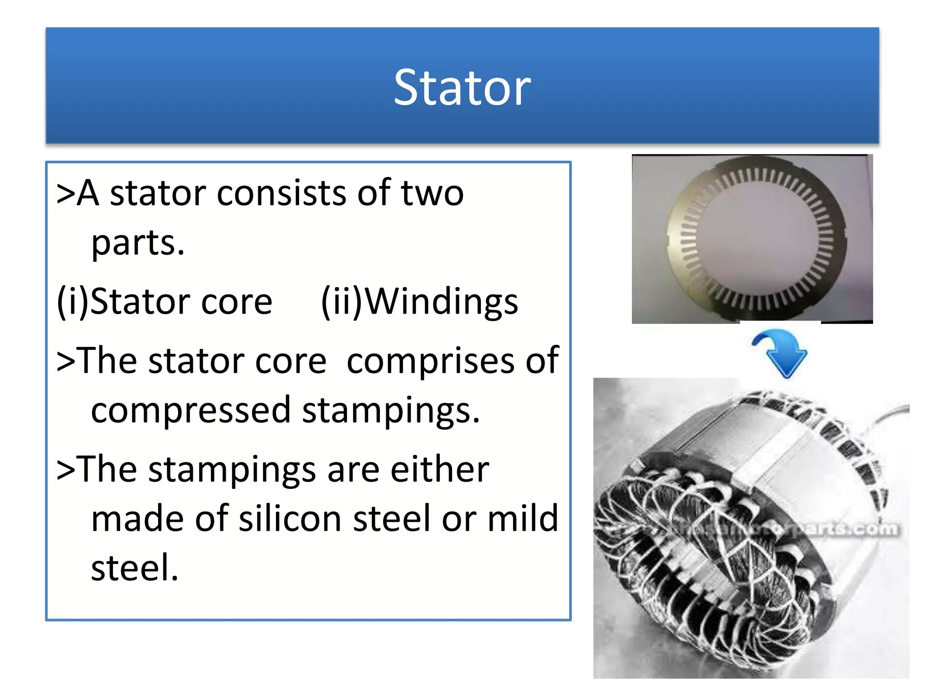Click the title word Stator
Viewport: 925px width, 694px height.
point(462,88)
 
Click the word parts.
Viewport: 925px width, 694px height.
point(137,243)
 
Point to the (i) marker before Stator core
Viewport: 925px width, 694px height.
point(72,302)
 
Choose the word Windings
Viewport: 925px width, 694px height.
point(441,302)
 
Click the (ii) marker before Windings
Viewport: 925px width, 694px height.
point(341,302)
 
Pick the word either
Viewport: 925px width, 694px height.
point(439,470)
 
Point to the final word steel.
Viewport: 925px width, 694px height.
point(134,568)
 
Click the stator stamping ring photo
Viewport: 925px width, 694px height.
point(752,239)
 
